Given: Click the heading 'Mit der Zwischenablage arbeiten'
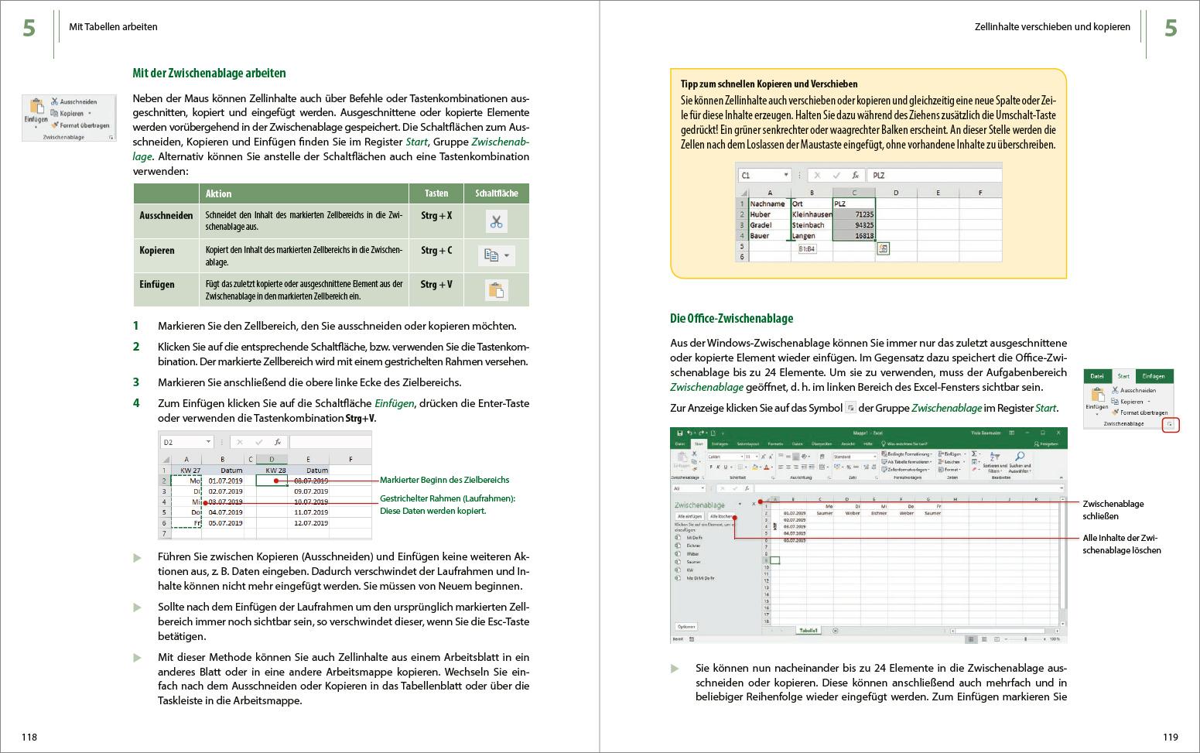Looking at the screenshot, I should pos(209,74).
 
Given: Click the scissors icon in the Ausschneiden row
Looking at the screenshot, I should pos(496,222).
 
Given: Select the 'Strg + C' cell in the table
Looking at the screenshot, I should pos(436,250).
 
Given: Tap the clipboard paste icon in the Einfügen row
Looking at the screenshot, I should pos(496,290).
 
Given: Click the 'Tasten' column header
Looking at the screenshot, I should pos(436,193).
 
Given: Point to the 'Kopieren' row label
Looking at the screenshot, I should pos(157,250).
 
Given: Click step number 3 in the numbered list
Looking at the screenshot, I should pos(136,382).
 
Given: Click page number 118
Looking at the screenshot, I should pos(29,737).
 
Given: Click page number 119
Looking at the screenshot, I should pos(1170,737).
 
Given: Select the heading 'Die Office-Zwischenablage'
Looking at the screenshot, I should pos(731,318).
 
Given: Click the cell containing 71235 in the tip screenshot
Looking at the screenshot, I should pos(854,214).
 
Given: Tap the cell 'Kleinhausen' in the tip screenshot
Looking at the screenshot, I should pos(812,214).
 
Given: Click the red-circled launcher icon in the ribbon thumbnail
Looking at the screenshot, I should pos(1171,425).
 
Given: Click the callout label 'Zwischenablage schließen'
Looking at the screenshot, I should pos(1113,510).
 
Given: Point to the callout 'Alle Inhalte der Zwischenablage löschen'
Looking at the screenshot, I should pos(1121,543).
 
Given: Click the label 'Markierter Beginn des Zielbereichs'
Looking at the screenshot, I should pos(444,480).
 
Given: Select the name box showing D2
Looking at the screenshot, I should pos(186,442).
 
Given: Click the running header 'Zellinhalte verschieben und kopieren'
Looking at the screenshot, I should pos(1052,27).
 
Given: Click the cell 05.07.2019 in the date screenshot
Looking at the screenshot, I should pos(225,523).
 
